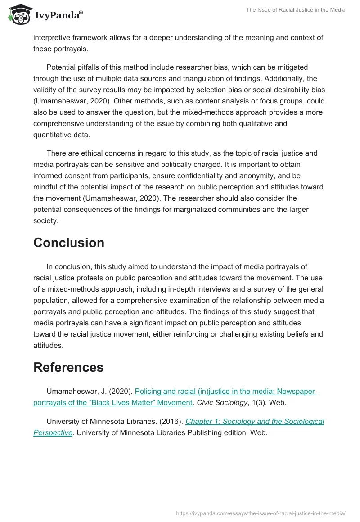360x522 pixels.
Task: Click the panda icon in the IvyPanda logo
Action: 18,14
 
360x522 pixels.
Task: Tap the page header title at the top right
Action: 296,10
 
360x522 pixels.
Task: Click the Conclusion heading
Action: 69,243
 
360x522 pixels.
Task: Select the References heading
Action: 68,367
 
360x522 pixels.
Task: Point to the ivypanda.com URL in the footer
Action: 261,513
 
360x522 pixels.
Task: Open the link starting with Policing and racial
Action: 225,391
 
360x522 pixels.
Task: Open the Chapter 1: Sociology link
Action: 254,422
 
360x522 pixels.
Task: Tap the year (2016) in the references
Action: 172,422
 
